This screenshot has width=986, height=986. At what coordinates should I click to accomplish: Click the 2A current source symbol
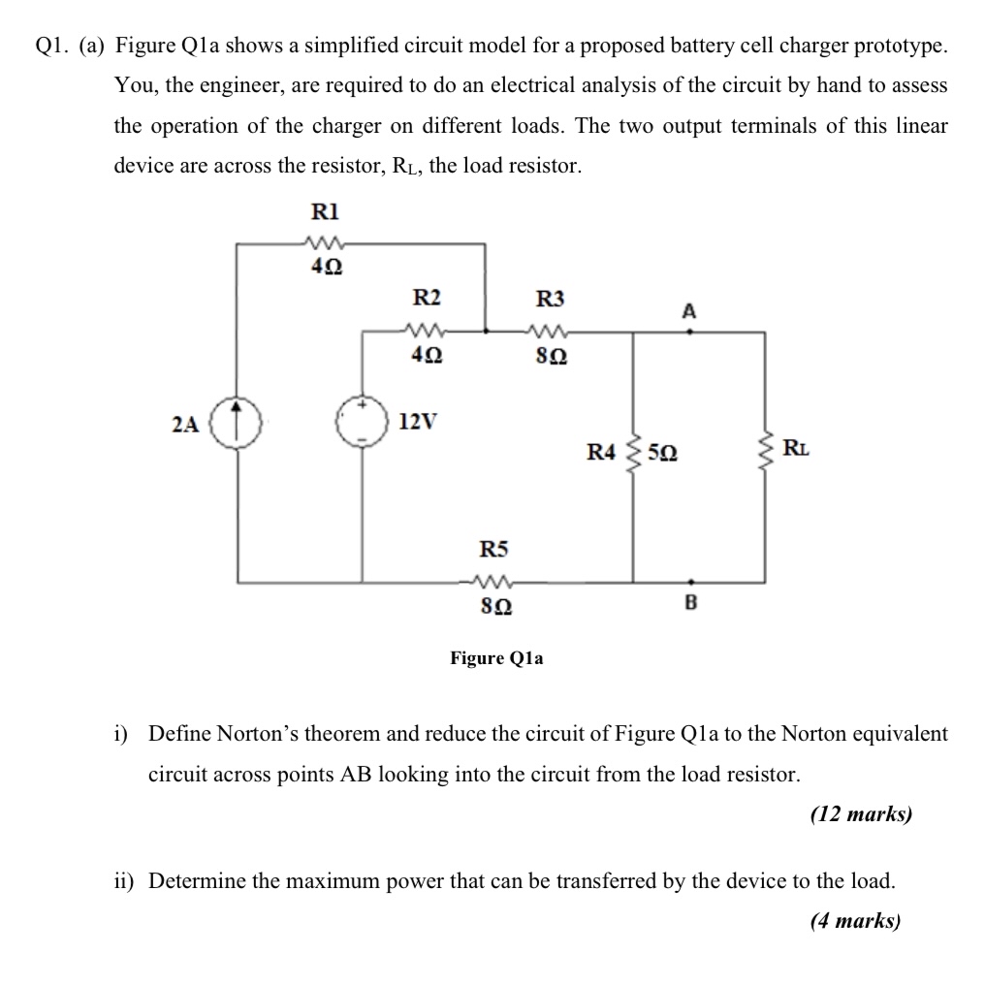[239, 425]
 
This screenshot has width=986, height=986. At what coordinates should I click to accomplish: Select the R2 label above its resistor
[427, 298]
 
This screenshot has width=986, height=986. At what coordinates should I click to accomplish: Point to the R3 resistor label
[549, 298]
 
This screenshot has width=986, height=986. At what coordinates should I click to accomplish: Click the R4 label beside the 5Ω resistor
[601, 451]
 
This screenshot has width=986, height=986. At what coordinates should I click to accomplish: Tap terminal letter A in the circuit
[688, 311]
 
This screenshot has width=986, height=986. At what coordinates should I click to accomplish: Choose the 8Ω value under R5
[495, 607]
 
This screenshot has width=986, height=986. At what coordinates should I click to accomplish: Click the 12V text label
[418, 423]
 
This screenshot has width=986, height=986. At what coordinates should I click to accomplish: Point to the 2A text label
[184, 424]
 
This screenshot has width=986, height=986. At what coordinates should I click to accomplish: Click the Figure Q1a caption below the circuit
[496, 658]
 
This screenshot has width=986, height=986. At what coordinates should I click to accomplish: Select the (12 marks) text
[860, 814]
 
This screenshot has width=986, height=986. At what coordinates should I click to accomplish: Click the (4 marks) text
[854, 920]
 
